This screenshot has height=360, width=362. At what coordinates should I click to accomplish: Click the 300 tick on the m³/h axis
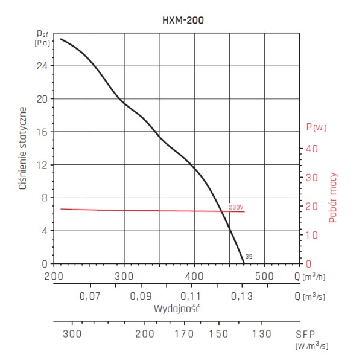[x=124, y=277]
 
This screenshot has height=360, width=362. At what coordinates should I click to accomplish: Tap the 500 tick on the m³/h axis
[x=264, y=277]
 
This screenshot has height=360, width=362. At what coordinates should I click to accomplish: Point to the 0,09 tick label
[x=140, y=296]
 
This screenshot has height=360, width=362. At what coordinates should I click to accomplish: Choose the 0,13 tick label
[x=241, y=296]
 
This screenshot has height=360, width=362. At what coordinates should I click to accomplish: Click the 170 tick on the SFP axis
[x=184, y=333]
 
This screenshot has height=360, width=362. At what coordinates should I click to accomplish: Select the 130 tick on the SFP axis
[x=261, y=333]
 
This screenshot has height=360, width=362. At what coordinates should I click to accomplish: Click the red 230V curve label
[x=236, y=207]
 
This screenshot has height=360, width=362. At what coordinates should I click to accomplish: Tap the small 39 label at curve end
[x=249, y=257]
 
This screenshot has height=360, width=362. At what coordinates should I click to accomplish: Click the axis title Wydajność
[x=176, y=308]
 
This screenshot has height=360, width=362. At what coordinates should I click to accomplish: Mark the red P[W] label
[x=316, y=127]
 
